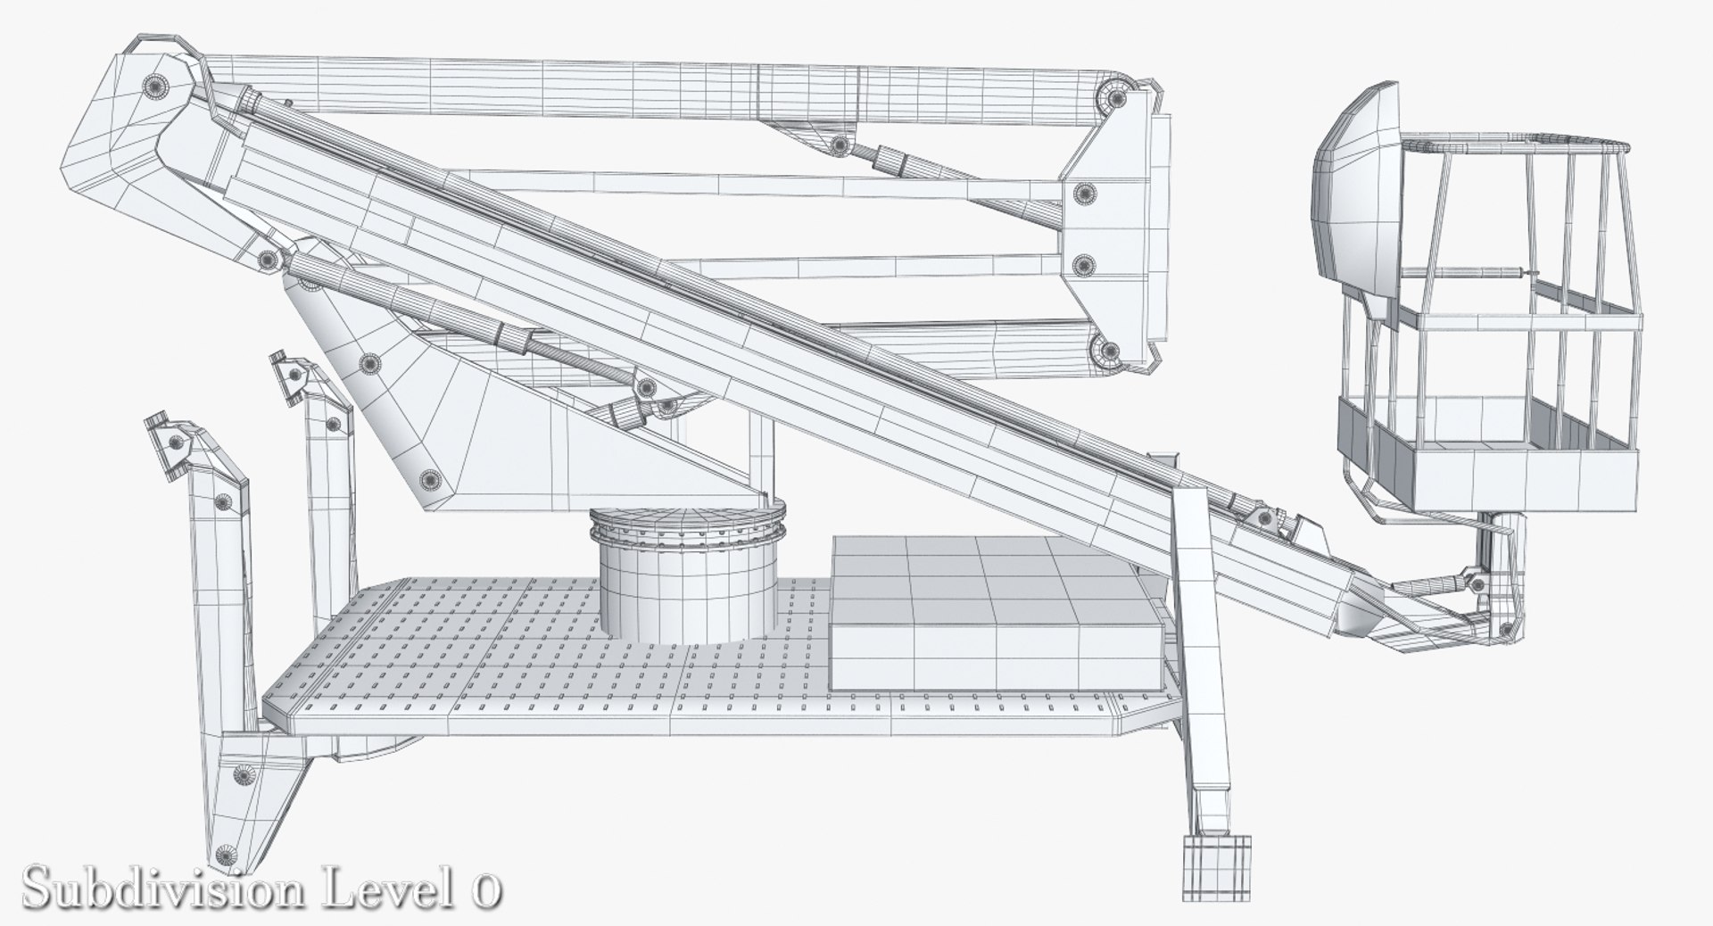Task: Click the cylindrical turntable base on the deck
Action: (687, 589)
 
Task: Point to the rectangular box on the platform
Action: (995, 616)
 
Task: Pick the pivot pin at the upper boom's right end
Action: (1113, 96)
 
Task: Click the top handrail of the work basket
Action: (1517, 143)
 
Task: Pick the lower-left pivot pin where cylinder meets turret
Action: (269, 260)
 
